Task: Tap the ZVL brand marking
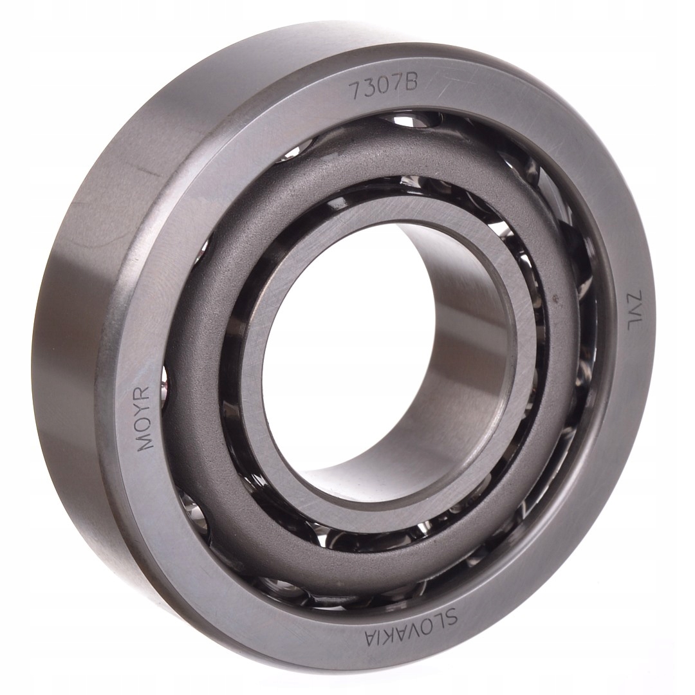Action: pyautogui.click(x=630, y=310)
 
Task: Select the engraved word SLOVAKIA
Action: pyautogui.click(x=412, y=628)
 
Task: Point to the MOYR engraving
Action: pyautogui.click(x=144, y=418)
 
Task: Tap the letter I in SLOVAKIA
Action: pyautogui.click(x=379, y=636)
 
